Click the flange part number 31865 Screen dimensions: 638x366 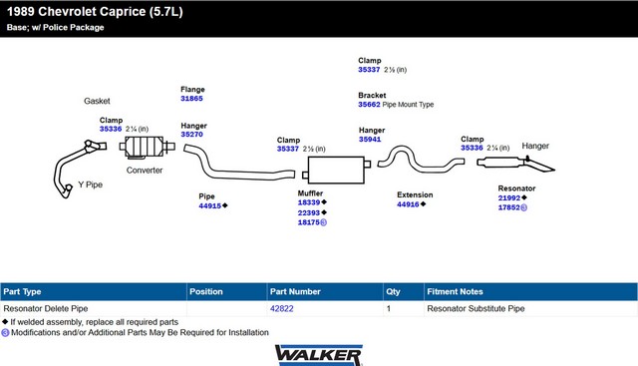(191, 99)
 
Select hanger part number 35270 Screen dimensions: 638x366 (191, 135)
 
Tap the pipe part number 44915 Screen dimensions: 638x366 (210, 206)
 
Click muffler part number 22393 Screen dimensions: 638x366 (309, 213)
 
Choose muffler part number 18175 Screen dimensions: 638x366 (309, 222)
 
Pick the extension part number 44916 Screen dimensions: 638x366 (408, 204)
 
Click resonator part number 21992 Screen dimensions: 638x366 (509, 197)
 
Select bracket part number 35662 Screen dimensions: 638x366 (369, 105)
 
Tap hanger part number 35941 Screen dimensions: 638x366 (370, 140)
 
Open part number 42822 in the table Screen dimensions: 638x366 (281, 308)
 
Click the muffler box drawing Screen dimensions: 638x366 (337, 171)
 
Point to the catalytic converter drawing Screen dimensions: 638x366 (147, 147)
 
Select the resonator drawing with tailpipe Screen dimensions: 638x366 (515, 164)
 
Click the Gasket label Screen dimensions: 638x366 (97, 101)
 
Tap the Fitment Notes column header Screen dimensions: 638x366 (455, 292)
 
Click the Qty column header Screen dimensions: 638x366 (393, 292)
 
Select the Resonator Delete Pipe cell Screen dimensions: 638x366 (46, 308)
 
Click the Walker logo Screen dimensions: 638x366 (319, 355)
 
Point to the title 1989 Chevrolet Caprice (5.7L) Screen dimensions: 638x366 (95, 12)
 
